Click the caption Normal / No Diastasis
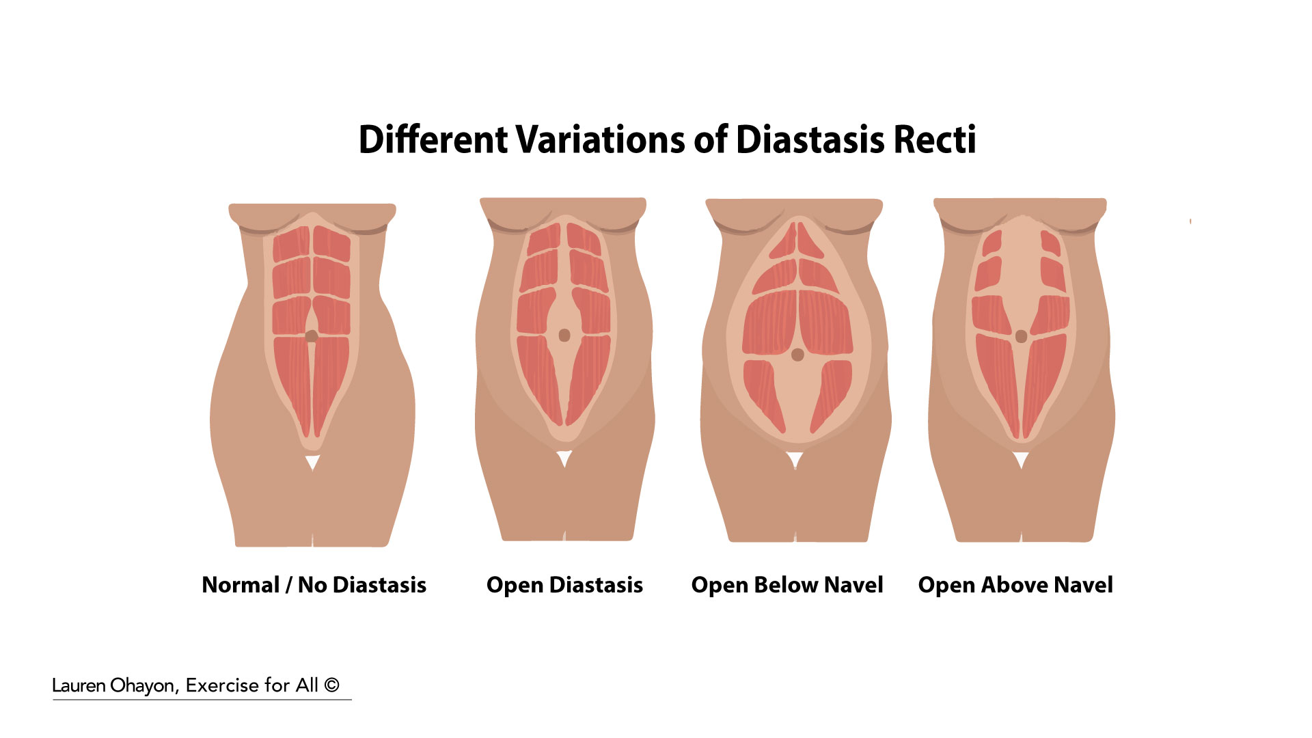click(314, 585)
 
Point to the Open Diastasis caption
click(564, 586)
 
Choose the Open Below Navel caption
click(787, 586)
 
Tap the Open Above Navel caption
click(1015, 586)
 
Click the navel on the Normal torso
click(312, 336)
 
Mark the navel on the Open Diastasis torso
click(564, 335)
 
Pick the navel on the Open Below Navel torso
click(797, 355)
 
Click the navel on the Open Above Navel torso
click(1021, 336)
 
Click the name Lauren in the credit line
click(79, 685)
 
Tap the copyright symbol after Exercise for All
click(331, 685)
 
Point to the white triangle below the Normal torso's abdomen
click(312, 463)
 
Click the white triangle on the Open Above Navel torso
click(1021, 460)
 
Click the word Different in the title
click(433, 139)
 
